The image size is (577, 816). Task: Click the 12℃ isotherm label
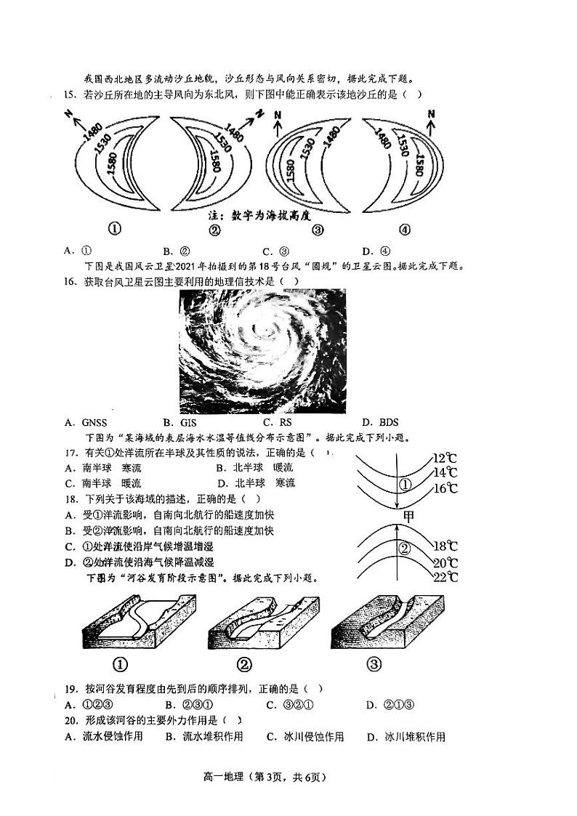pos(444,458)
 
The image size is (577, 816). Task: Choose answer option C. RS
pos(277,422)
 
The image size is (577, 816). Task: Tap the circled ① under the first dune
pos(114,230)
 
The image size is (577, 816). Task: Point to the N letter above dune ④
pos(431,114)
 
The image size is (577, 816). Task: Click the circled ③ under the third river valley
pos(374,663)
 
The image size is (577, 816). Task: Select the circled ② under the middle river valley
pos(245,663)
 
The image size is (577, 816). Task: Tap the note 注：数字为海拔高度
pos(254,216)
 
